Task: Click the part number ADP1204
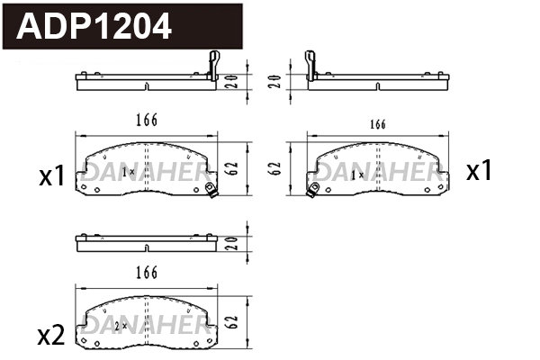(x=94, y=28)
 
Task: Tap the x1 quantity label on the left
(x=52, y=175)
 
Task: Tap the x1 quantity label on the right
(x=479, y=171)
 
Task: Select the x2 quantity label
(x=52, y=336)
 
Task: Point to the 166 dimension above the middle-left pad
(x=147, y=121)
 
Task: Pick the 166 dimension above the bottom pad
(x=147, y=272)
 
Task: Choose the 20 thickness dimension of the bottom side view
(x=231, y=243)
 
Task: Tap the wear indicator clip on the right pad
(x=315, y=189)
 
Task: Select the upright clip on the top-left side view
(x=212, y=65)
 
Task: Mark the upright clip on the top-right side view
(x=310, y=65)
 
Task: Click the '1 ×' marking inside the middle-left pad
(x=127, y=171)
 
